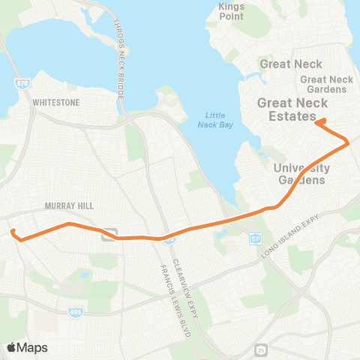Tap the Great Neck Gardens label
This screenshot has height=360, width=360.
[x=326, y=84]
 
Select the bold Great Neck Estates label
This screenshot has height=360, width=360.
[x=287, y=109]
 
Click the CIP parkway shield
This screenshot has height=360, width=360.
[x=255, y=238]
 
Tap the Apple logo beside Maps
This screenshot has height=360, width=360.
[x=12, y=347]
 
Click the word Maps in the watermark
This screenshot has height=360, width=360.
[x=32, y=347]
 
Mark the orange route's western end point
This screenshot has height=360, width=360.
[x=13, y=232]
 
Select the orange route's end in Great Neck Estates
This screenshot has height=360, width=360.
[x=317, y=121]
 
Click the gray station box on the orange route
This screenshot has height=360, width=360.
[x=109, y=235]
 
